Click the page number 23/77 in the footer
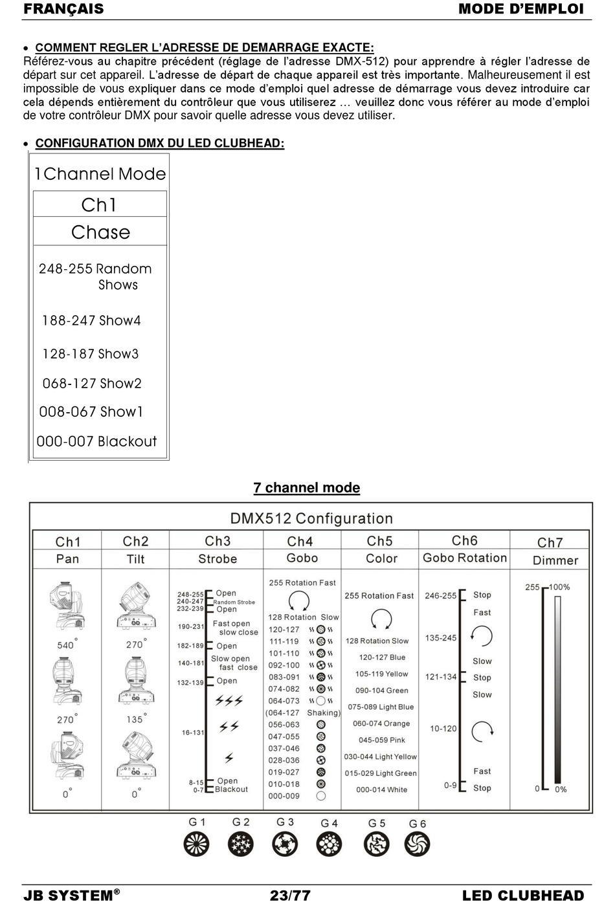(290, 896)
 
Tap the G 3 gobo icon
(285, 844)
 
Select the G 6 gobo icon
(417, 844)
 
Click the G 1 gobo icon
(197, 844)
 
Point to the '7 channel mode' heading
(306, 488)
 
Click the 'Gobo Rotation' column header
(464, 558)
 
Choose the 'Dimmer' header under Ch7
(555, 560)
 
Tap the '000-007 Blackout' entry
(96, 441)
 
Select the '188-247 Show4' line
(91, 320)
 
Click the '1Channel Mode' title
(100, 174)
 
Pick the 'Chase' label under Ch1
(100, 232)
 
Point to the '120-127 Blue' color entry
(382, 657)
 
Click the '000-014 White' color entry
(381, 789)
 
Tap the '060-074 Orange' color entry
(381, 723)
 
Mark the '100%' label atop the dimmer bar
(559, 587)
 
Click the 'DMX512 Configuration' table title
(311, 518)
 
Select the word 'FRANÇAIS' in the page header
(63, 9)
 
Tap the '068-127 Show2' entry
(92, 384)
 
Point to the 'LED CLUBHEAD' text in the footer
(522, 896)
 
